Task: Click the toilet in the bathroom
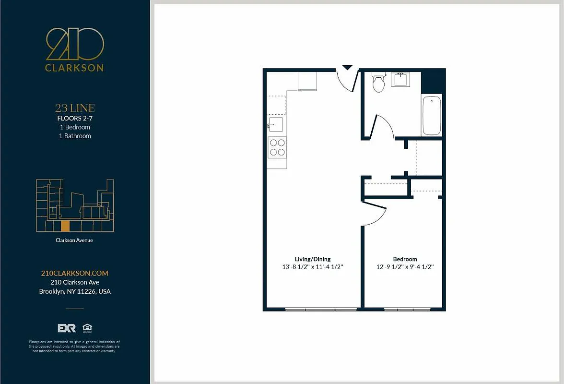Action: pyautogui.click(x=379, y=83)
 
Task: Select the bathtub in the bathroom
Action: pyautogui.click(x=431, y=116)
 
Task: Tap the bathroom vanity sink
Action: pyautogui.click(x=401, y=79)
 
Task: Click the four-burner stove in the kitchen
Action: pyautogui.click(x=277, y=147)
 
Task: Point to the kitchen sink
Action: pyautogui.click(x=275, y=125)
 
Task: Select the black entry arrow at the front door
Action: pyautogui.click(x=347, y=68)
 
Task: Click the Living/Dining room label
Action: pyautogui.click(x=312, y=259)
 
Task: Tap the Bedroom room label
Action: pyautogui.click(x=405, y=259)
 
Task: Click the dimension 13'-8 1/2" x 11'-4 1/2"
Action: pyautogui.click(x=312, y=267)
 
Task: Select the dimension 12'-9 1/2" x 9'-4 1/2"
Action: pyautogui.click(x=405, y=267)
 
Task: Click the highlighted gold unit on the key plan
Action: pyautogui.click(x=65, y=226)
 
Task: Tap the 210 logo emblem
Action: pyautogui.click(x=74, y=44)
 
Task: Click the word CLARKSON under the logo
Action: pyautogui.click(x=74, y=68)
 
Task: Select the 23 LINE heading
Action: pyautogui.click(x=74, y=108)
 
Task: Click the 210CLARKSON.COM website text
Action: pyautogui.click(x=74, y=273)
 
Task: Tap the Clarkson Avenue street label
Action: pyautogui.click(x=74, y=240)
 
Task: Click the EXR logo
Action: pyautogui.click(x=67, y=328)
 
